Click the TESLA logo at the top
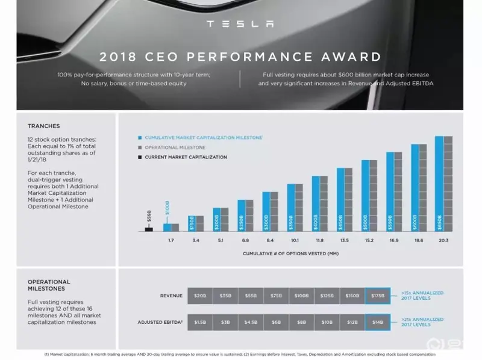coord(240,24)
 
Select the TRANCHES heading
coord(44,126)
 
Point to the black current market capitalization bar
coord(149,228)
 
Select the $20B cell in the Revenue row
coord(199,296)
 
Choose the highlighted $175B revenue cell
coord(377,296)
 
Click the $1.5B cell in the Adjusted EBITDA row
coord(199,322)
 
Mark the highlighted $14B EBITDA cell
coord(377,322)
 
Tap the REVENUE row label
coord(171,296)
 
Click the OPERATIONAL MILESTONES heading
coord(49,285)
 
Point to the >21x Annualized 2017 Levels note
coord(422,322)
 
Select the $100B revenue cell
coord(301,296)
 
